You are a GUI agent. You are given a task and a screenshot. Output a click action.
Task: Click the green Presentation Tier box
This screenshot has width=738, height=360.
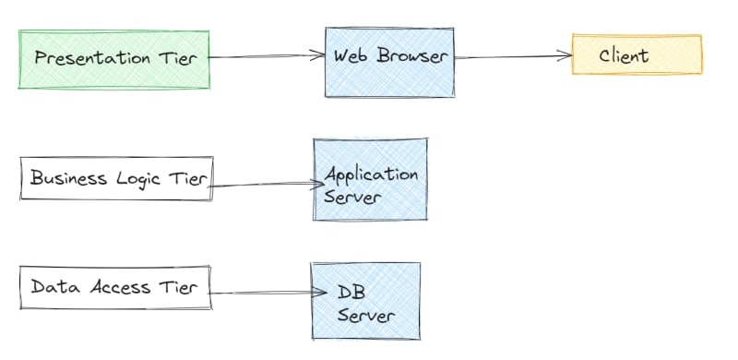[x=114, y=59]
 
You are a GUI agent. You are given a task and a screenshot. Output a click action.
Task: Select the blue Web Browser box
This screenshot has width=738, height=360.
[x=389, y=61]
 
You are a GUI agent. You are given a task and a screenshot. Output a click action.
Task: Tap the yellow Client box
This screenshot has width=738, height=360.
[x=637, y=55]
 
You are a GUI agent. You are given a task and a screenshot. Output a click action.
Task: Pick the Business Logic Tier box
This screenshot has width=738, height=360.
[x=117, y=178]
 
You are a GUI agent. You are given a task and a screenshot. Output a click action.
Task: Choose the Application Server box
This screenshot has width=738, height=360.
[x=370, y=180]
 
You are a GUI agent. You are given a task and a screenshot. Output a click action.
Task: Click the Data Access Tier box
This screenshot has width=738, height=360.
[x=114, y=287]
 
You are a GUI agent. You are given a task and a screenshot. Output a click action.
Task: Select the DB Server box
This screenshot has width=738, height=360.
[x=365, y=301]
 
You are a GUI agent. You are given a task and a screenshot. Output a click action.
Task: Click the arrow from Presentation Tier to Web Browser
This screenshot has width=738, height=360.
[x=268, y=57]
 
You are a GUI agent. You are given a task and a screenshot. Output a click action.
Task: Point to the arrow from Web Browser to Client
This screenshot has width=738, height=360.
[x=513, y=57]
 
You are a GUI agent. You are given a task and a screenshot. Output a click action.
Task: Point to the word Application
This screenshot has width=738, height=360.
[x=372, y=174]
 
